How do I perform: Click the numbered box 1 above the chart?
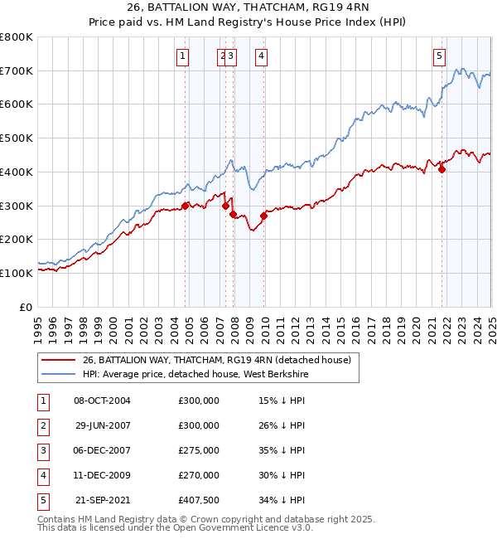pos(181,56)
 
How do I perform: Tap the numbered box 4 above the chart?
pos(261,56)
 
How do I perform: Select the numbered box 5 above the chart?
pos(438,56)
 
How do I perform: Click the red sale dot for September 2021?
pos(442,170)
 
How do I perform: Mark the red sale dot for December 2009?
pos(263,216)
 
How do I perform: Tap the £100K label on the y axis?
pos(17,273)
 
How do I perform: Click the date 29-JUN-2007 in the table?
pos(103,425)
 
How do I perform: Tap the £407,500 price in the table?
pos(199,500)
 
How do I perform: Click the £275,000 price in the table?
pos(199,450)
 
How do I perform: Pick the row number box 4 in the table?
pos(41,475)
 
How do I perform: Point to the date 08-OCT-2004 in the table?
pos(103,401)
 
